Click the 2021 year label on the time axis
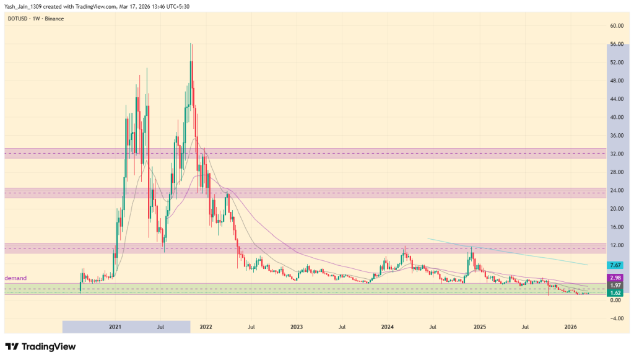[115, 326]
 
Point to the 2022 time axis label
[206, 326]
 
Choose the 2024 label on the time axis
[388, 326]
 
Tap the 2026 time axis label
[571, 326]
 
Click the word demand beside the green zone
[15, 278]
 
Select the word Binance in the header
[54, 19]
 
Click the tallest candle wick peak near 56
[191, 44]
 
